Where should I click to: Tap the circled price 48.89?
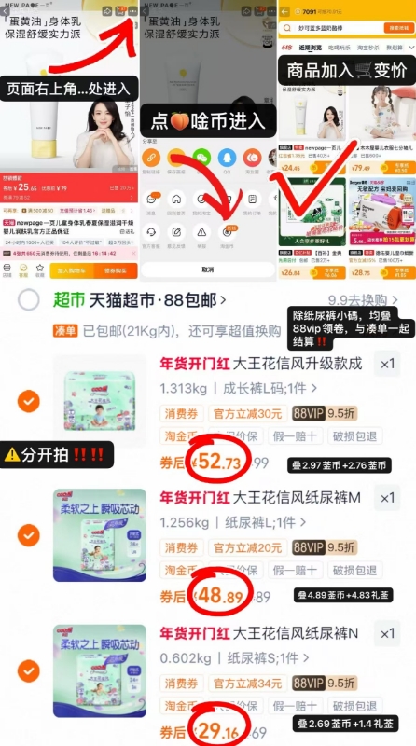pos(215,594)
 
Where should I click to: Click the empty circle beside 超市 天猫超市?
pos(29,299)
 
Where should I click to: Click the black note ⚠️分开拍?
pos(53,455)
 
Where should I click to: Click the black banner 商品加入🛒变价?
pos(345,69)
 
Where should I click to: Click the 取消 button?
pos(207,269)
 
